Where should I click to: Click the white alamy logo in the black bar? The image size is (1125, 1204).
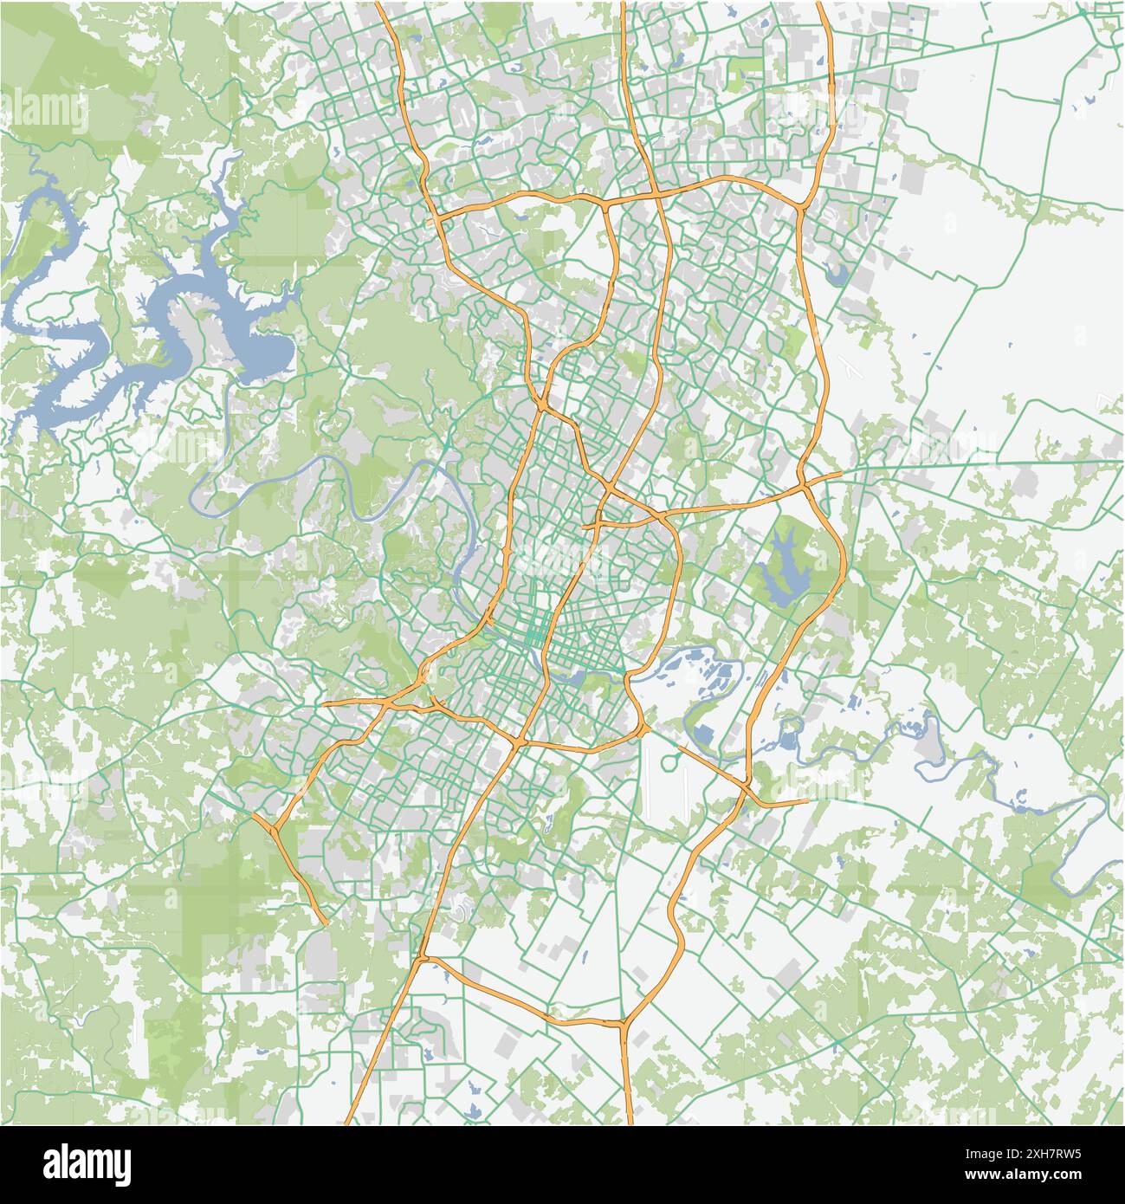click(87, 1163)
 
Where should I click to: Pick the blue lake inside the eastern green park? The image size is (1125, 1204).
click(782, 567)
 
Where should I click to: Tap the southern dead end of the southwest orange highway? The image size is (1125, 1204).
click(324, 923)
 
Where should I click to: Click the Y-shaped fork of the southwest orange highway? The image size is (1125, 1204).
click(274, 830)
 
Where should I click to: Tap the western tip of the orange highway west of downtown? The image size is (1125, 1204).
click(327, 703)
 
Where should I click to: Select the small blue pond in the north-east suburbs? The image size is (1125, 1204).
click(837, 275)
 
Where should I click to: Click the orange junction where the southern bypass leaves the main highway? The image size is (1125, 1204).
click(423, 957)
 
